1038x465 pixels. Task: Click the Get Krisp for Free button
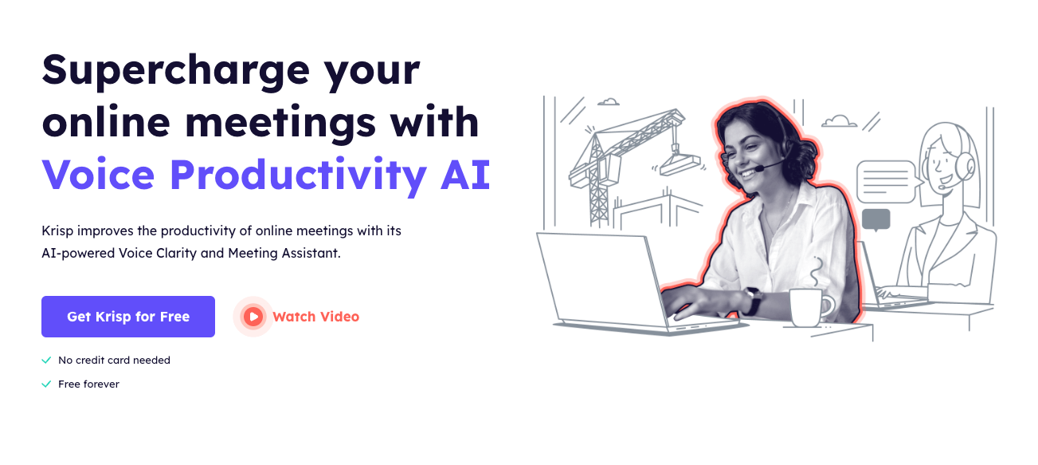128,317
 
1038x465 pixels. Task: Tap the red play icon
253,317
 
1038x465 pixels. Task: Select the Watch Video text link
316,317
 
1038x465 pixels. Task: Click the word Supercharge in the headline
176,70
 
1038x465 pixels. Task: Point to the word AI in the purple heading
465,175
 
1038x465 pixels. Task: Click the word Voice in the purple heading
98,175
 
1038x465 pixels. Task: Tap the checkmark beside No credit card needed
46,361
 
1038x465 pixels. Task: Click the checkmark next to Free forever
46,384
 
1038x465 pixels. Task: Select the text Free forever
88,384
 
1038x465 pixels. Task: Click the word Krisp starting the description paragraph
57,231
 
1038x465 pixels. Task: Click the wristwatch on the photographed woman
753,301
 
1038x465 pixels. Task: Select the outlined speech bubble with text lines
887,182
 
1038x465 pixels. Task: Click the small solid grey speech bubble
875,219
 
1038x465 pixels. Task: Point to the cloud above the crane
609,101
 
